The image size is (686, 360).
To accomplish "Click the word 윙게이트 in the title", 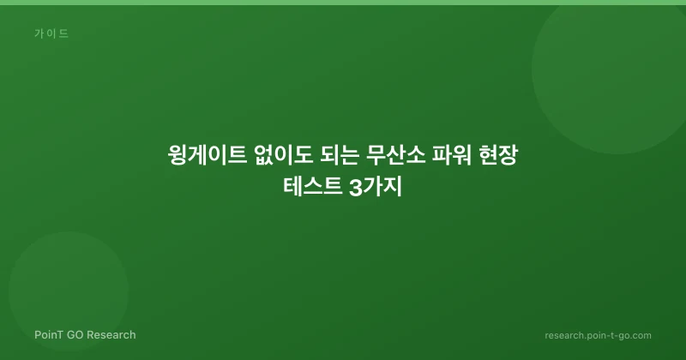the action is (207, 155).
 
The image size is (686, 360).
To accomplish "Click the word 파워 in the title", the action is (452, 155).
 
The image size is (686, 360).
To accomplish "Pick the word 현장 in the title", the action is (498, 155).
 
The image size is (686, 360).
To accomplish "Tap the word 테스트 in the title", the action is (313, 187).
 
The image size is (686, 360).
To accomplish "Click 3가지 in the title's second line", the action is (376, 187).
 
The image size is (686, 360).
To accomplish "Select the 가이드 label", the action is (51, 33).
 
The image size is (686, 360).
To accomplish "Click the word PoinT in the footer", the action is (49, 334).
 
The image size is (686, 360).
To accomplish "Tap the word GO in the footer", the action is (74, 334).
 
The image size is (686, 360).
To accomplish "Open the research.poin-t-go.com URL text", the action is (598, 335).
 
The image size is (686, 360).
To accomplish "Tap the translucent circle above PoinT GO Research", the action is (69, 291).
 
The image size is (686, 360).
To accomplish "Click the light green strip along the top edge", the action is (343, 3).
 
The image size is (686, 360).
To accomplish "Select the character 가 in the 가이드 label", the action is (39, 33).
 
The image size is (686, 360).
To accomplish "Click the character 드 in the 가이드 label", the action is (63, 33).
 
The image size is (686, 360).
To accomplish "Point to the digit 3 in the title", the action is (355, 188).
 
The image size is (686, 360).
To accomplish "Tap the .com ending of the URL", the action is (641, 335).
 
